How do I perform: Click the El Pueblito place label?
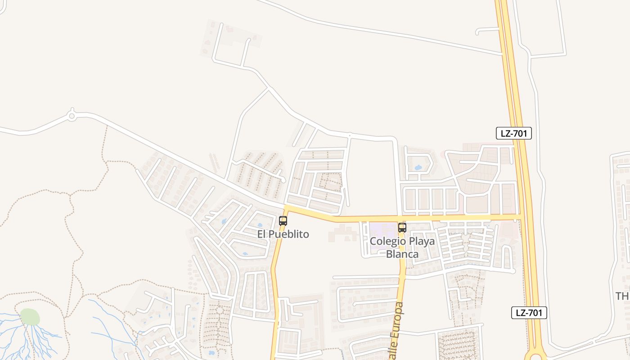pos(283,234)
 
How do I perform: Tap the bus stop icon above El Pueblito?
pos(283,221)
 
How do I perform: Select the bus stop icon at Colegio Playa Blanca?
pos(402,228)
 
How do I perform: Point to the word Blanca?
pos(402,254)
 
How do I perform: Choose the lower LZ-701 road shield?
pos(529,313)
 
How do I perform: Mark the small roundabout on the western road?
pos(72,116)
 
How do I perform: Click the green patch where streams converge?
pos(30,317)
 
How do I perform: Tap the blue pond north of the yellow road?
pos(418,168)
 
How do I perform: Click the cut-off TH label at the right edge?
pos(622,296)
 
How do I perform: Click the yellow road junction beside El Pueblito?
pos(285,208)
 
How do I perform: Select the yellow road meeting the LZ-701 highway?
pos(520,218)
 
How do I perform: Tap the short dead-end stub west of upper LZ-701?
pos(487,30)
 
